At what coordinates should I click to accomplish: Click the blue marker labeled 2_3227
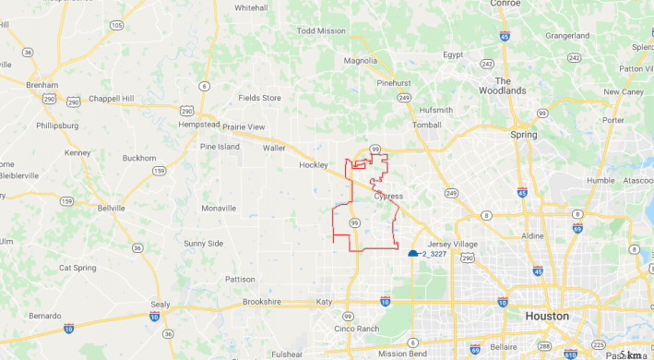tap(413, 252)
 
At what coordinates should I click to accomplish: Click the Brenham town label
tap(41, 84)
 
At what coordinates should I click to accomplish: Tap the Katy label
tap(324, 302)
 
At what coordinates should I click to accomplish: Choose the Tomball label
tap(427, 125)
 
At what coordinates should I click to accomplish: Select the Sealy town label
tap(161, 304)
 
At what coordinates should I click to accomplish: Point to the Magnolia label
tap(361, 61)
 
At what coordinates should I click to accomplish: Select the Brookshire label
tap(268, 302)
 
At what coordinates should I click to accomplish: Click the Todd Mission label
tap(321, 30)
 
